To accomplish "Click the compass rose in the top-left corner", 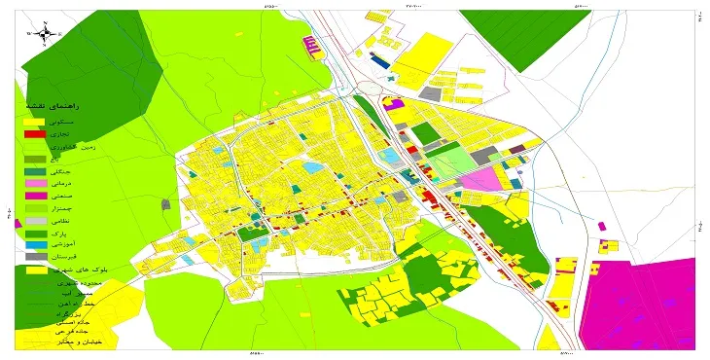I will click(x=46, y=33).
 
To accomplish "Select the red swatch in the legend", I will click(x=34, y=133).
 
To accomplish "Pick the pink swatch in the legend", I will click(x=34, y=183).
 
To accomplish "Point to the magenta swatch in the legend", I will click(x=34, y=196).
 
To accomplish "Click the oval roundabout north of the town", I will click(x=370, y=89).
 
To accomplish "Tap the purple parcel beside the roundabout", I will click(x=394, y=103).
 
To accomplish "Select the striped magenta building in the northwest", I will click(x=312, y=44).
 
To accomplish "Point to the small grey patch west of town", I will click(x=166, y=205).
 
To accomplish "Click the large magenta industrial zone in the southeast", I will click(x=643, y=302).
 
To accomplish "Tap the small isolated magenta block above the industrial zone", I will click(x=602, y=226).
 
